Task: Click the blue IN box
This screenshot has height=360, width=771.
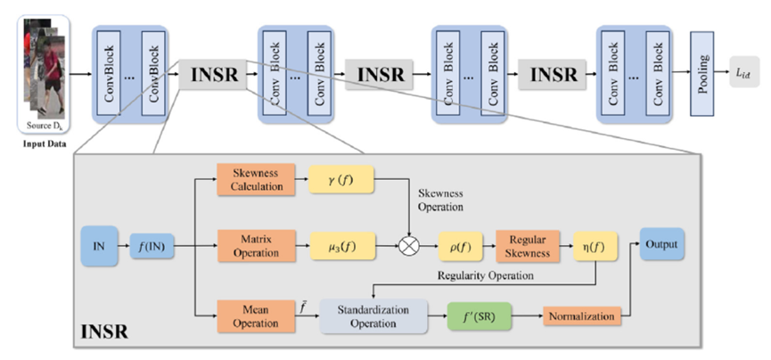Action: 99,241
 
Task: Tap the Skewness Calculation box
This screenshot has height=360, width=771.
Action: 252,179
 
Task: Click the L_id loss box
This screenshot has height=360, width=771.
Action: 745,75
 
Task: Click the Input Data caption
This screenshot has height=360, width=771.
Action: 40,141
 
